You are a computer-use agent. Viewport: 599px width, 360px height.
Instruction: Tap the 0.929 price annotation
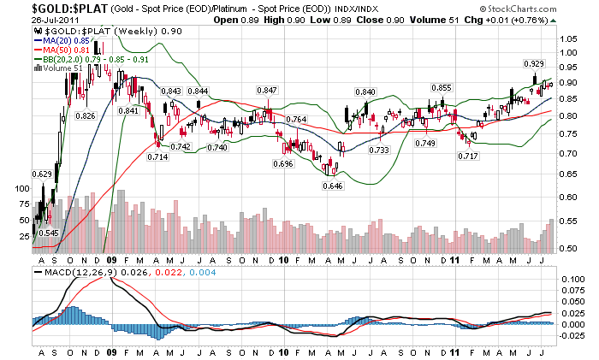point(534,64)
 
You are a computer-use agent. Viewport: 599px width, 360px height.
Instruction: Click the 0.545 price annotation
point(48,233)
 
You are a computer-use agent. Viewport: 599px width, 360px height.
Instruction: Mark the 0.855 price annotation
point(441,88)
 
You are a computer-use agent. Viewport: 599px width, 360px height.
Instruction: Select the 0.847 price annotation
point(267,90)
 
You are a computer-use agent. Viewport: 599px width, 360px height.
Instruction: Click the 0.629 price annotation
point(42,174)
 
